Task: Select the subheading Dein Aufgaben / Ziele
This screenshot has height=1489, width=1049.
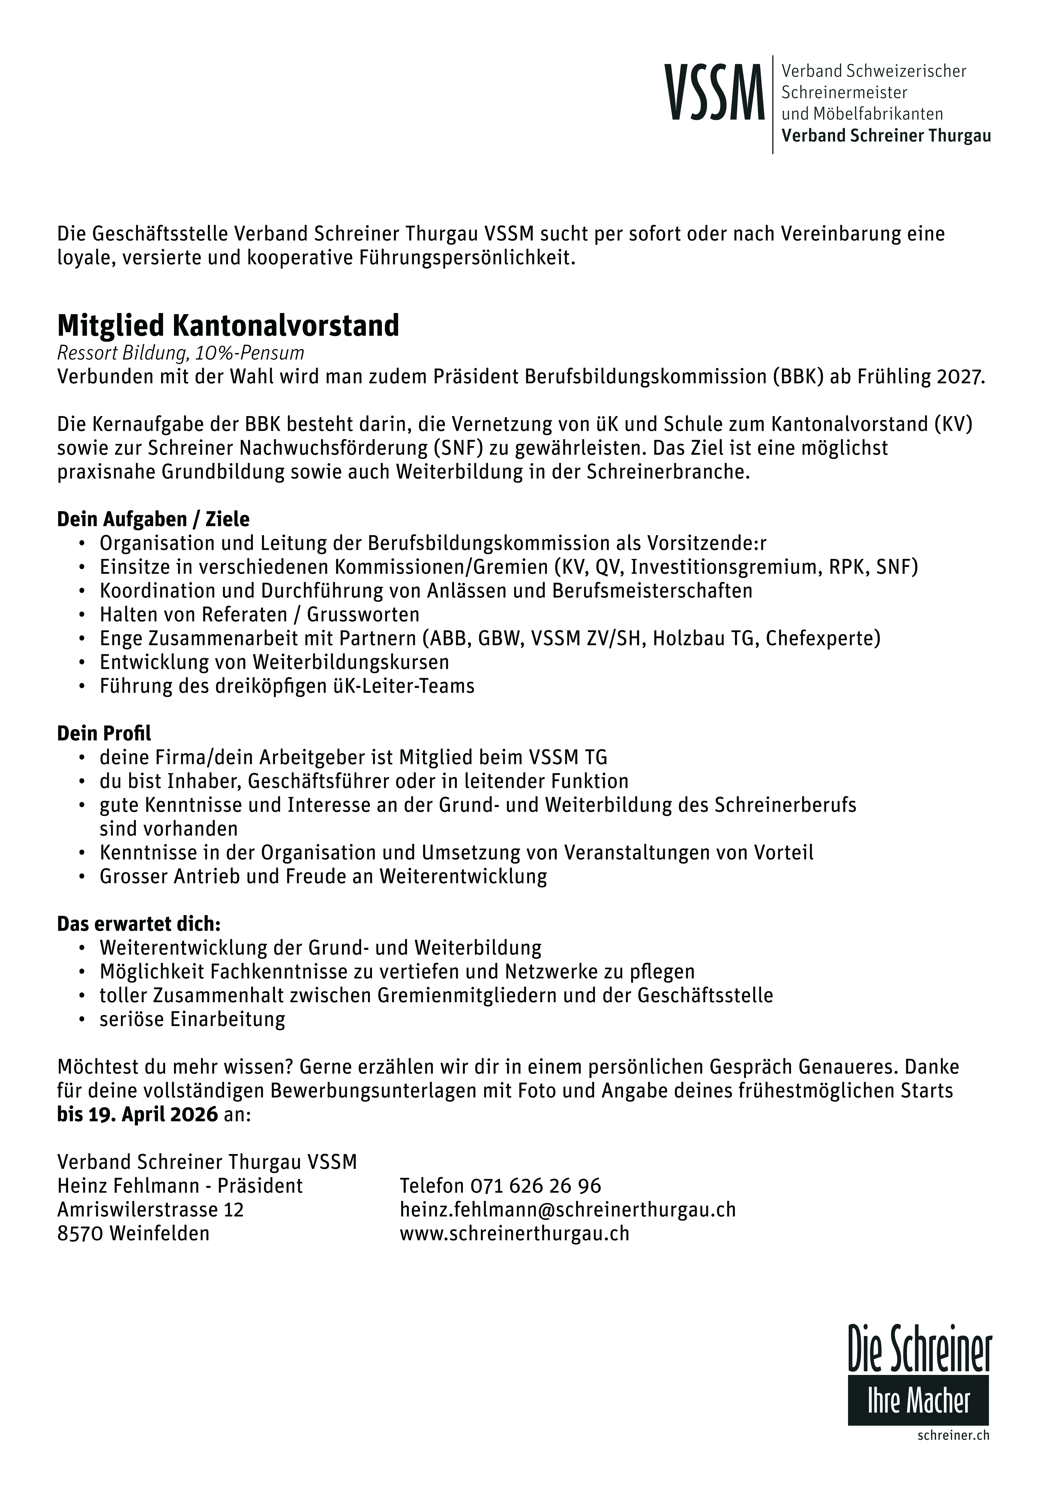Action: point(153,520)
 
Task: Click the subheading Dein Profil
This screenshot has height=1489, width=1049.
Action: point(104,734)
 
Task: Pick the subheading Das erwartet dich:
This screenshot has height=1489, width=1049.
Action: point(139,924)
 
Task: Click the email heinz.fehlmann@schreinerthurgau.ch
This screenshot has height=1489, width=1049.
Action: point(567,1210)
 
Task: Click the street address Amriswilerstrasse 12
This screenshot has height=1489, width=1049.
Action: point(150,1210)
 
